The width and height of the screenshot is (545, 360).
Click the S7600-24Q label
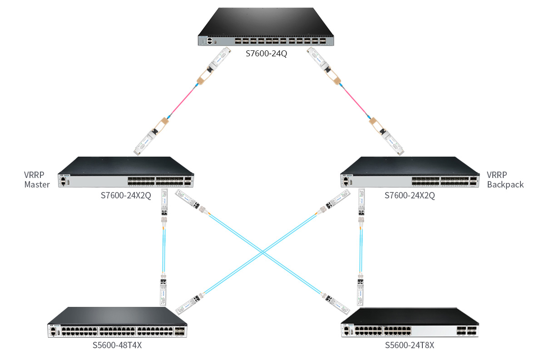(x=267, y=54)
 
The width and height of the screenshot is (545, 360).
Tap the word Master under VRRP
(x=37, y=185)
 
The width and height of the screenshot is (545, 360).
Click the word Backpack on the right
(x=505, y=185)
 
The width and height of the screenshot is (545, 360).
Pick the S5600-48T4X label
(x=118, y=345)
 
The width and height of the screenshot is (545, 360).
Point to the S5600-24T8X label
(x=410, y=345)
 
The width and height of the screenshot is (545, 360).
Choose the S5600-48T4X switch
(x=117, y=323)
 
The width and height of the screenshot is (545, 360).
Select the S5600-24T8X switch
(x=410, y=323)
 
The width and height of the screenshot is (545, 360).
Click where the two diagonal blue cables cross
(x=262, y=252)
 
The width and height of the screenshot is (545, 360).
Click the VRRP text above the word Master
(x=34, y=175)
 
